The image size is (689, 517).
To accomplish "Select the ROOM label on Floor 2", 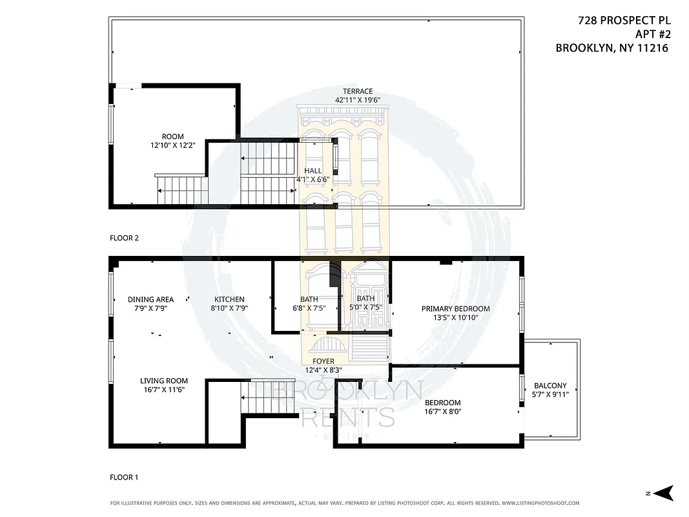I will coord(172,136).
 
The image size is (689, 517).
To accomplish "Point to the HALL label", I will coord(313,171).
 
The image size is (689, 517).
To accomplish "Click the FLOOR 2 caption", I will coord(124,238).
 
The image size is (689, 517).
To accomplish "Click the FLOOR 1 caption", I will coord(124,478).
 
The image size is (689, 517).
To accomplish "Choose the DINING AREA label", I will coord(150,299).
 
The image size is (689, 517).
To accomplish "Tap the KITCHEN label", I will coord(229,299).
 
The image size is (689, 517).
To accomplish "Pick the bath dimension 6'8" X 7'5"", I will coord(309,308).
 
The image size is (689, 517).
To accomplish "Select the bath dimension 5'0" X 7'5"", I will coord(365,308).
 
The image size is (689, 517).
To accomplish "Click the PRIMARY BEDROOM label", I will coord(455,308).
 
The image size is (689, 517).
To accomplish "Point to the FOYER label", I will coord(323,361).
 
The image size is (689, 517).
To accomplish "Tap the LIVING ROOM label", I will coord(164,381).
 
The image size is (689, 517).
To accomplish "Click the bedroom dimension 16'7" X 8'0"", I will coord(442,412).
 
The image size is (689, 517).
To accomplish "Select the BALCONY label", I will coord(550,385).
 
